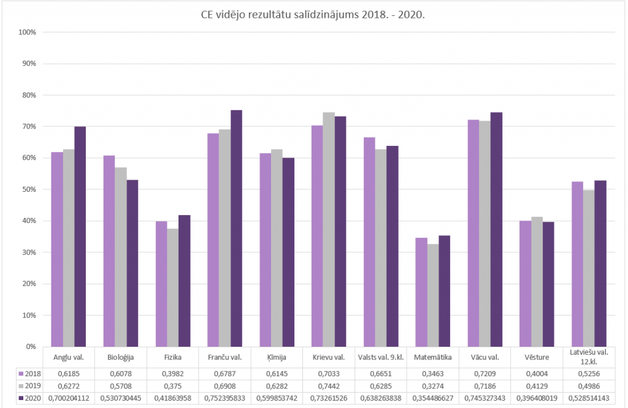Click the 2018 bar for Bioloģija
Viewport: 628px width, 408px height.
tap(109, 251)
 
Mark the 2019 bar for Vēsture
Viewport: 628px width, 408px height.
tap(537, 281)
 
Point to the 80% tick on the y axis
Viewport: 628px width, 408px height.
tap(29, 95)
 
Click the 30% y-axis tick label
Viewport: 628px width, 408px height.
tap(29, 252)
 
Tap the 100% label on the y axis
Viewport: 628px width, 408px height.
tap(28, 32)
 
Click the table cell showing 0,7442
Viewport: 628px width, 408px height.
tap(328, 385)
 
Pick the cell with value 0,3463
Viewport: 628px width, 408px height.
tap(432, 373)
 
